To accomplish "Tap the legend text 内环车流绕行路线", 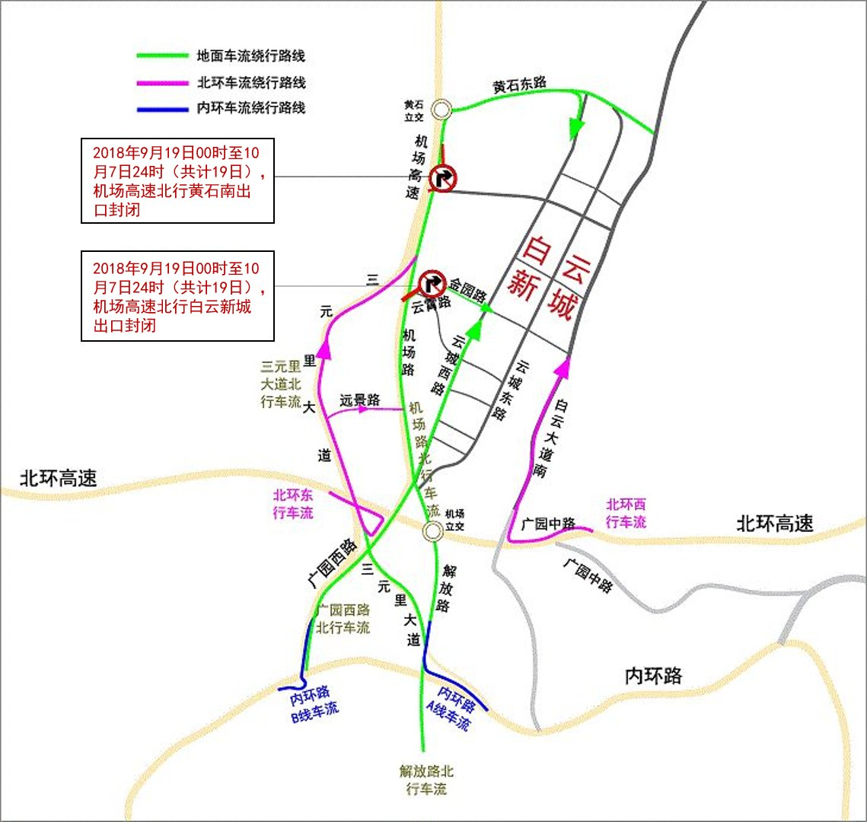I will [251, 108].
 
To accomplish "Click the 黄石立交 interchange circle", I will [440, 110].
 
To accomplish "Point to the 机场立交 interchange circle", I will [433, 530].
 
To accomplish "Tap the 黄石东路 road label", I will [519, 85].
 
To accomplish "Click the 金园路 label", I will [467, 290].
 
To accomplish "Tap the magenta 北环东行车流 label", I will [293, 504].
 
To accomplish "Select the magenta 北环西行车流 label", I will [626, 513].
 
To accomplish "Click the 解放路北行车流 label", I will [426, 780].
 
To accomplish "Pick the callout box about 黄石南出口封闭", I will [177, 181].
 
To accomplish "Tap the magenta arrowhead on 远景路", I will [363, 409].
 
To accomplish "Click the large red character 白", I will [538, 250].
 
